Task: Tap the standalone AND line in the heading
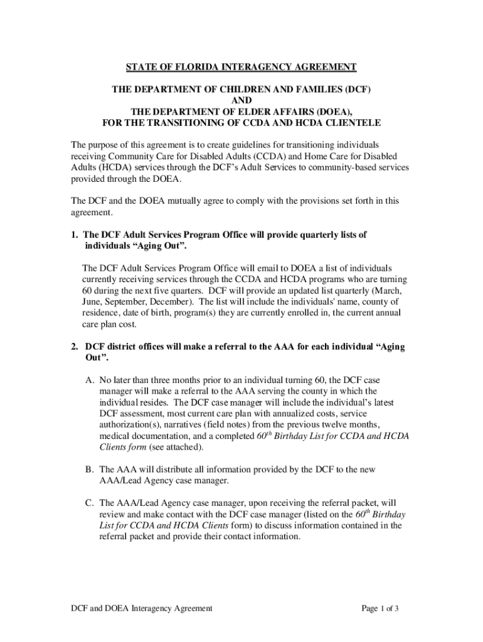pos(242,100)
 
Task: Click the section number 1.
pos(73,234)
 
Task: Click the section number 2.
pos(73,347)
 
